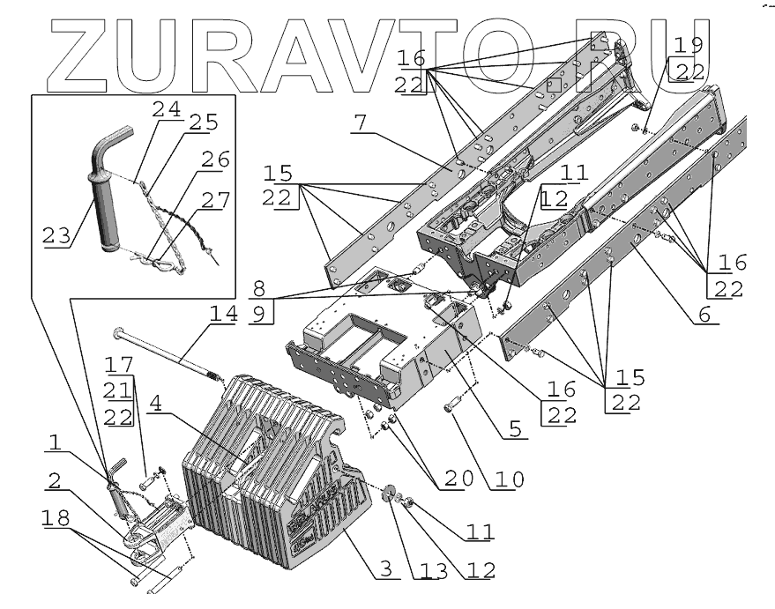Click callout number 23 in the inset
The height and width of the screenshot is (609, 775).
56,236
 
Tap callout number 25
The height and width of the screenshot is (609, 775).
205,123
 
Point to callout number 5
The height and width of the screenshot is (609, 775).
516,430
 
